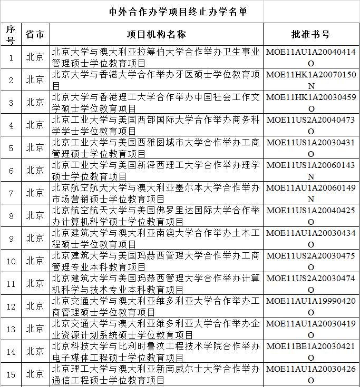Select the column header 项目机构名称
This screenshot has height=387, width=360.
[156, 34]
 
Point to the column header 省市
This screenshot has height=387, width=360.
[35, 34]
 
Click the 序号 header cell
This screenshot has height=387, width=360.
[11, 34]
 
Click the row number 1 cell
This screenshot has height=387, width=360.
[11, 57]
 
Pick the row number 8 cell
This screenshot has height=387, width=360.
[11, 215]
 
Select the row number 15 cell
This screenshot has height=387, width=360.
[11, 374]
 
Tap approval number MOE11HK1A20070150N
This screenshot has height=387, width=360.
[311, 80]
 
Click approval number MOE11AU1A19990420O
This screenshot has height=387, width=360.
[311, 306]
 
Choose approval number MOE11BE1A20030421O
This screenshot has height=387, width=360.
[311, 351]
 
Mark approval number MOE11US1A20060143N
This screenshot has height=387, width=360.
[311, 170]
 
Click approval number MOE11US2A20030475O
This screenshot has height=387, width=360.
[311, 261]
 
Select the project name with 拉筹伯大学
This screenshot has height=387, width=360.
[156, 57]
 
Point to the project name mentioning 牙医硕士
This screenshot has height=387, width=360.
[156, 80]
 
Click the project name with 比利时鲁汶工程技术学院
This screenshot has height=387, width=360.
[156, 351]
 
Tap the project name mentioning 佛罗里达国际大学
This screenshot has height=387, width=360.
[156, 215]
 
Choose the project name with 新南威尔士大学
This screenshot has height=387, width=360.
[156, 374]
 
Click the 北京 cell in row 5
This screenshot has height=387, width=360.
[35, 147]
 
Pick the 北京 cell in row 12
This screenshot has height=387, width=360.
[35, 306]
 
